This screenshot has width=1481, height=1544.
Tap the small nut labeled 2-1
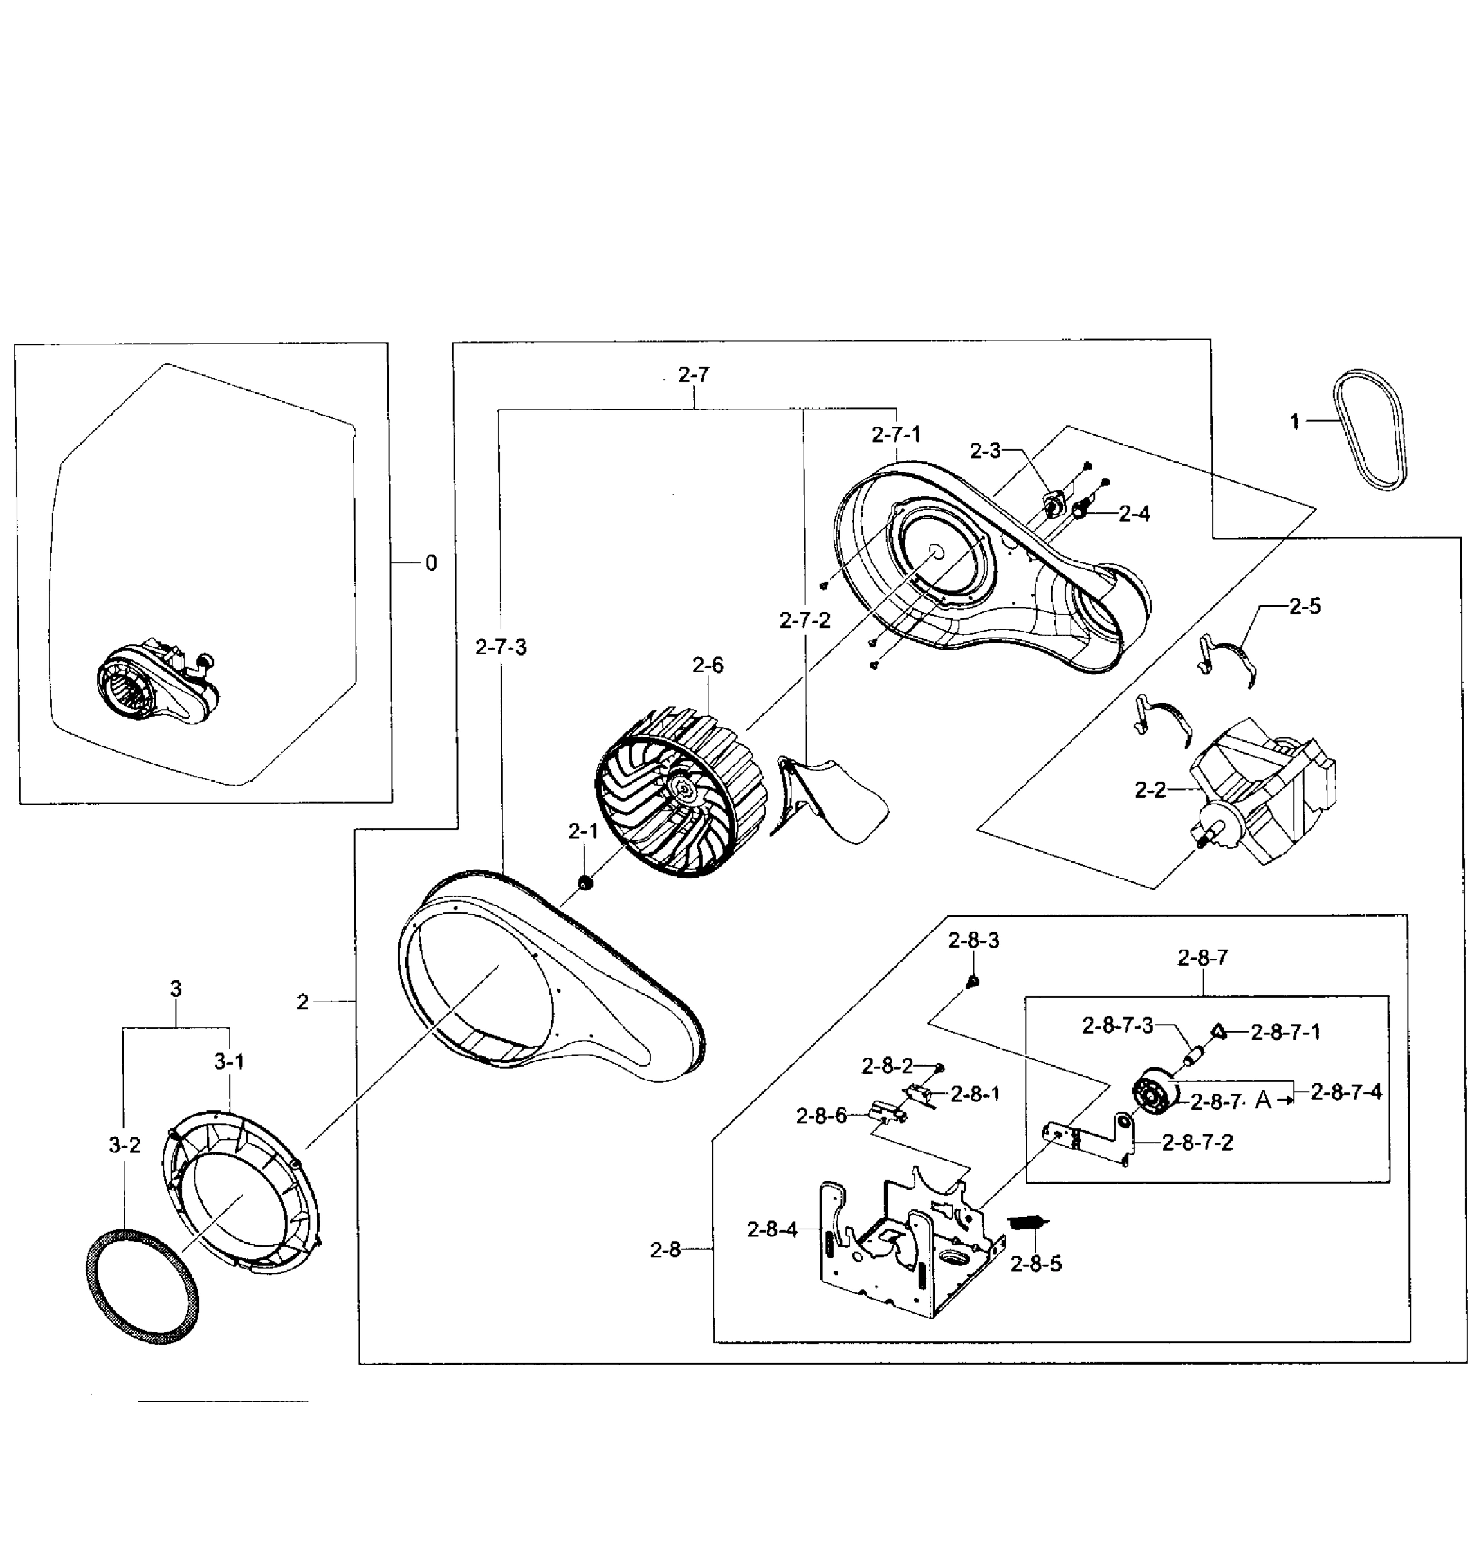click(585, 881)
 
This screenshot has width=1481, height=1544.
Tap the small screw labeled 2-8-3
click(972, 980)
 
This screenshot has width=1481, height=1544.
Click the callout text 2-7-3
click(501, 648)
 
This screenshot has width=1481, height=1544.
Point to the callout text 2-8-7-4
click(1345, 1092)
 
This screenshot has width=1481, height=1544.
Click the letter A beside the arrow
click(1262, 1101)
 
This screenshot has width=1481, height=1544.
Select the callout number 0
click(431, 564)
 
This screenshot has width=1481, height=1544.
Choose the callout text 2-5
click(1305, 607)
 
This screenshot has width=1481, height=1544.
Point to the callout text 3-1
click(229, 1062)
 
